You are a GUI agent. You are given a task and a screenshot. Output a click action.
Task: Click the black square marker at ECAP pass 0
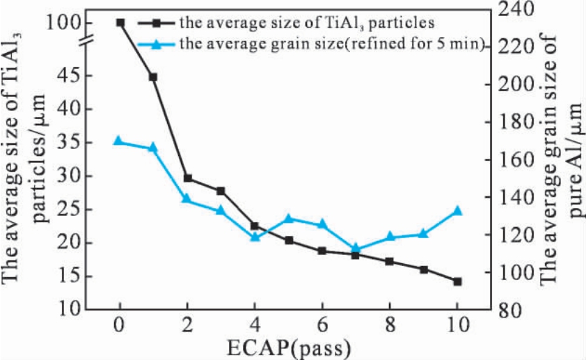[x=120, y=23]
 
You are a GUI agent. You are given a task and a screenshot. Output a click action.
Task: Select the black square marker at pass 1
[x=154, y=77]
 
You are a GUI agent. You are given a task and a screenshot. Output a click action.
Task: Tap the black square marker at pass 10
[x=457, y=281]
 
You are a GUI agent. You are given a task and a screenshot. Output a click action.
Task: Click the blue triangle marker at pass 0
[x=119, y=141]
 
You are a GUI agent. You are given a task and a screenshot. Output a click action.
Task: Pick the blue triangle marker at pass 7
[x=356, y=248]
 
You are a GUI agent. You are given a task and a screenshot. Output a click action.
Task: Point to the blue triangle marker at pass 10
[x=457, y=210]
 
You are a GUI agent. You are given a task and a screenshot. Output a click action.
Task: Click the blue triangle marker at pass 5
[x=289, y=219]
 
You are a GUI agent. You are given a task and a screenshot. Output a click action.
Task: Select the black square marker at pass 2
[x=187, y=178]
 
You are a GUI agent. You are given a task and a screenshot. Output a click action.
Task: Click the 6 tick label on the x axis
[x=322, y=324]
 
